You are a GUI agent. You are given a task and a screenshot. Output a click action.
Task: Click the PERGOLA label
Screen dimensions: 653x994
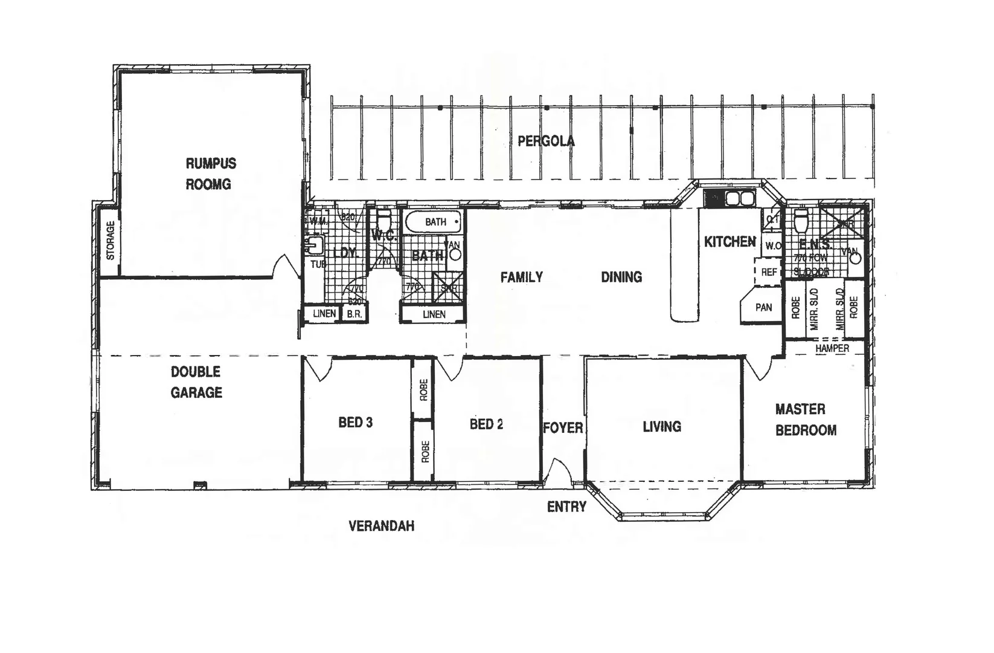(546, 141)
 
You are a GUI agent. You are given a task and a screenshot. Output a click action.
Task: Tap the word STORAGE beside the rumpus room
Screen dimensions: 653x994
(111, 241)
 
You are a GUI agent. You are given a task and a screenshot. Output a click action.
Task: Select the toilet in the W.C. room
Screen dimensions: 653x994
(383, 218)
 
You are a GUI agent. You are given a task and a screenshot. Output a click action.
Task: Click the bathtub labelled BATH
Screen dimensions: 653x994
(433, 222)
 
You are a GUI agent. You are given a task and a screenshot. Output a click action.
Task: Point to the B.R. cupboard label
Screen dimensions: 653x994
(354, 314)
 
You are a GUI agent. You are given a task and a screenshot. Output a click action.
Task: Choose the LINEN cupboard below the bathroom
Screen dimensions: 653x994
(434, 314)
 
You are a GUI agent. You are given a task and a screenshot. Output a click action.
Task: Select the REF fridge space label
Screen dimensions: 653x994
(768, 272)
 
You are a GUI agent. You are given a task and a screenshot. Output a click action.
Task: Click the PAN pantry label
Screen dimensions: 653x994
(763, 307)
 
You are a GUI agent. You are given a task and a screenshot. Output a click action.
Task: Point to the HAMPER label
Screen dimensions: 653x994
(832, 349)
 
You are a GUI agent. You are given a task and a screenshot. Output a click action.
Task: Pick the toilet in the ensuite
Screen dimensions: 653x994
(801, 222)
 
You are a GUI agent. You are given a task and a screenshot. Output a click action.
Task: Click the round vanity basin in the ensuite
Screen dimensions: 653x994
(855, 258)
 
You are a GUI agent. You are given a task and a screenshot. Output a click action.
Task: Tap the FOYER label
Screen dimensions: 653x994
(563, 428)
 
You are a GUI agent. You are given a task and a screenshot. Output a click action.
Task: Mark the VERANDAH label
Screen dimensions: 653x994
(382, 526)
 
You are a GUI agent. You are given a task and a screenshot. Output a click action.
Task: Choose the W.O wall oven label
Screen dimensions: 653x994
(772, 246)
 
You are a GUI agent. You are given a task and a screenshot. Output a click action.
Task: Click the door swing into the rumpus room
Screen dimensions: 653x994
(286, 267)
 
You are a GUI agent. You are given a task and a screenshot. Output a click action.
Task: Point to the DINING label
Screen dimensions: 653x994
(621, 277)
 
